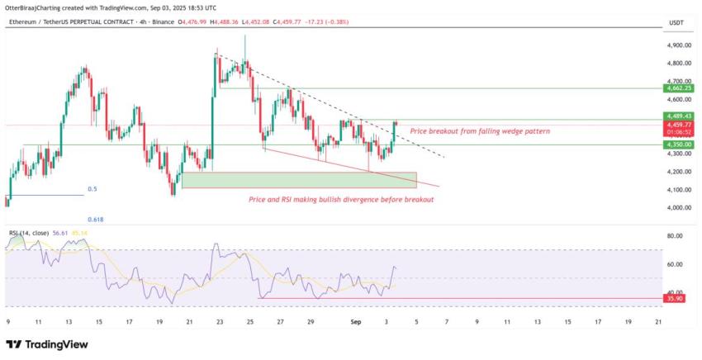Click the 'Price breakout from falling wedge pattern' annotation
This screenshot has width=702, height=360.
point(479,131)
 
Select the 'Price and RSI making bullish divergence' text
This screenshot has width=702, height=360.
point(341,199)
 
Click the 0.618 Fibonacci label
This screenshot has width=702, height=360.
point(97,220)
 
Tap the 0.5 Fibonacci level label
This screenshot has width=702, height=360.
point(92,189)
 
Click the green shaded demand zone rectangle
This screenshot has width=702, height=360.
point(299,179)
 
